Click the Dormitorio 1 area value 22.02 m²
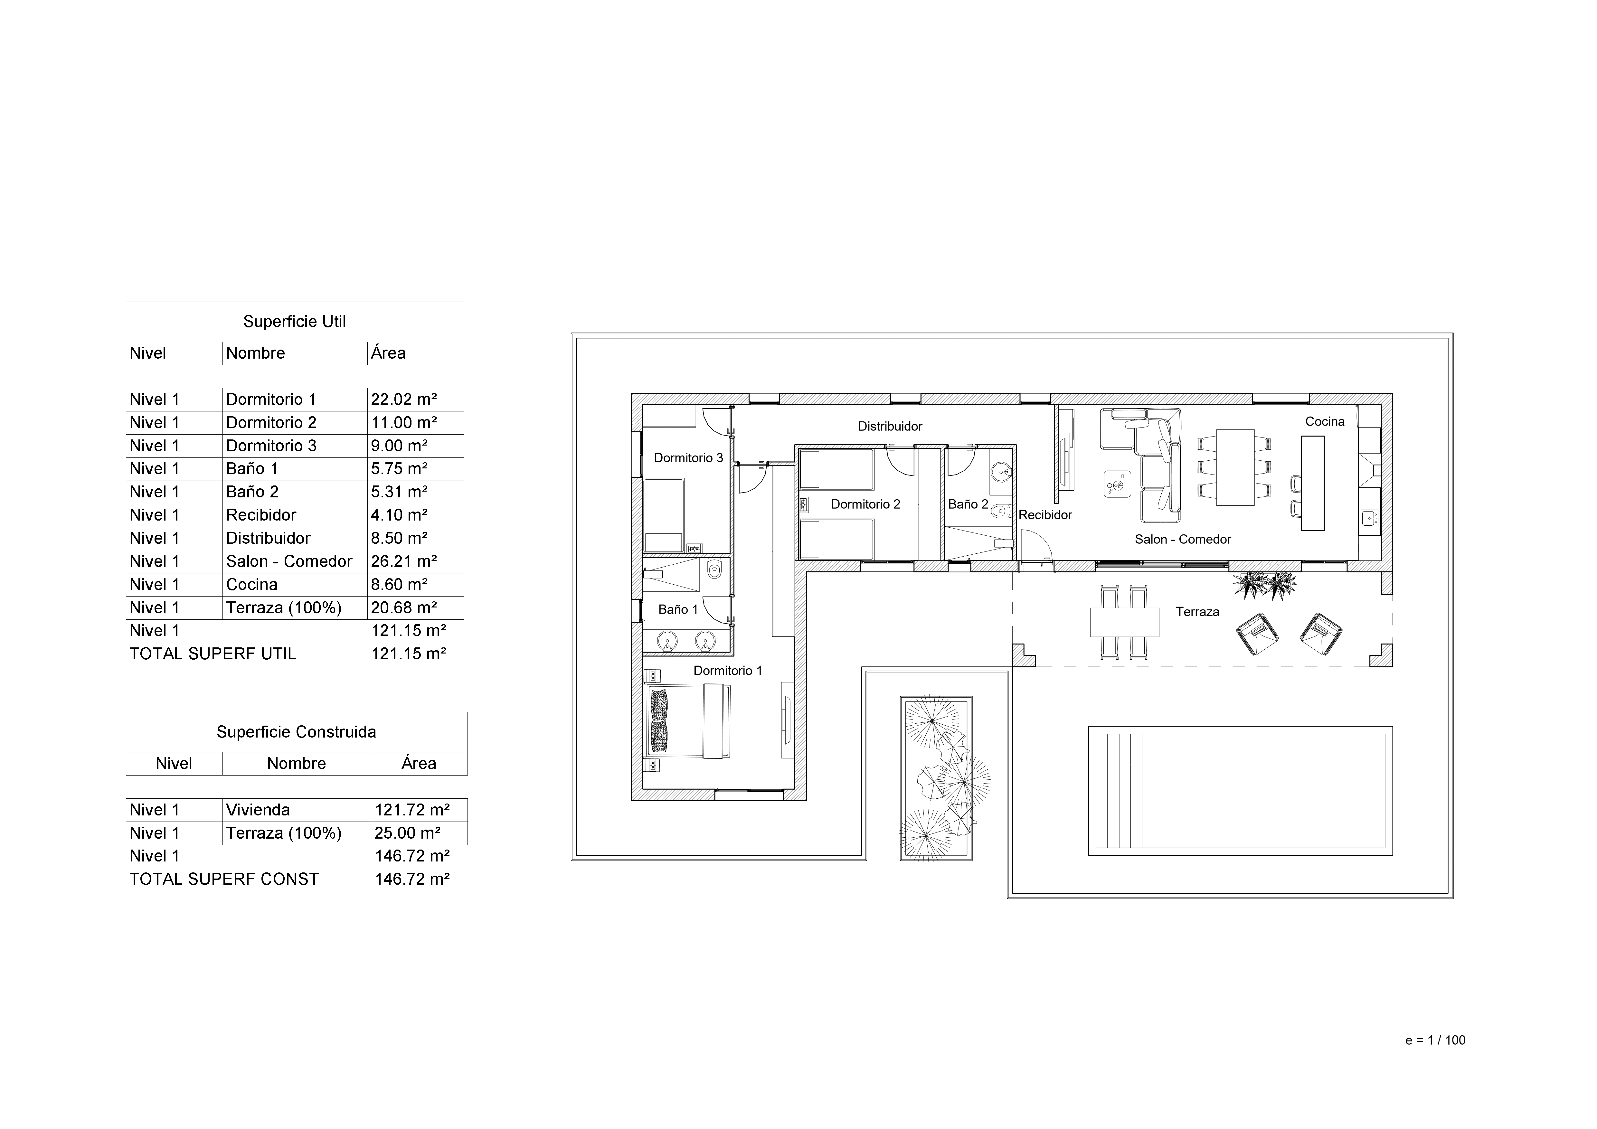pos(403,399)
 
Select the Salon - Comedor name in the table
pos(289,561)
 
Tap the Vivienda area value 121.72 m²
pos(412,810)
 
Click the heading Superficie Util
pos(294,321)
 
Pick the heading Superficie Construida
pos(296,732)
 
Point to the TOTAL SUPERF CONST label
pos(224,879)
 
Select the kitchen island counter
pos(1313,483)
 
